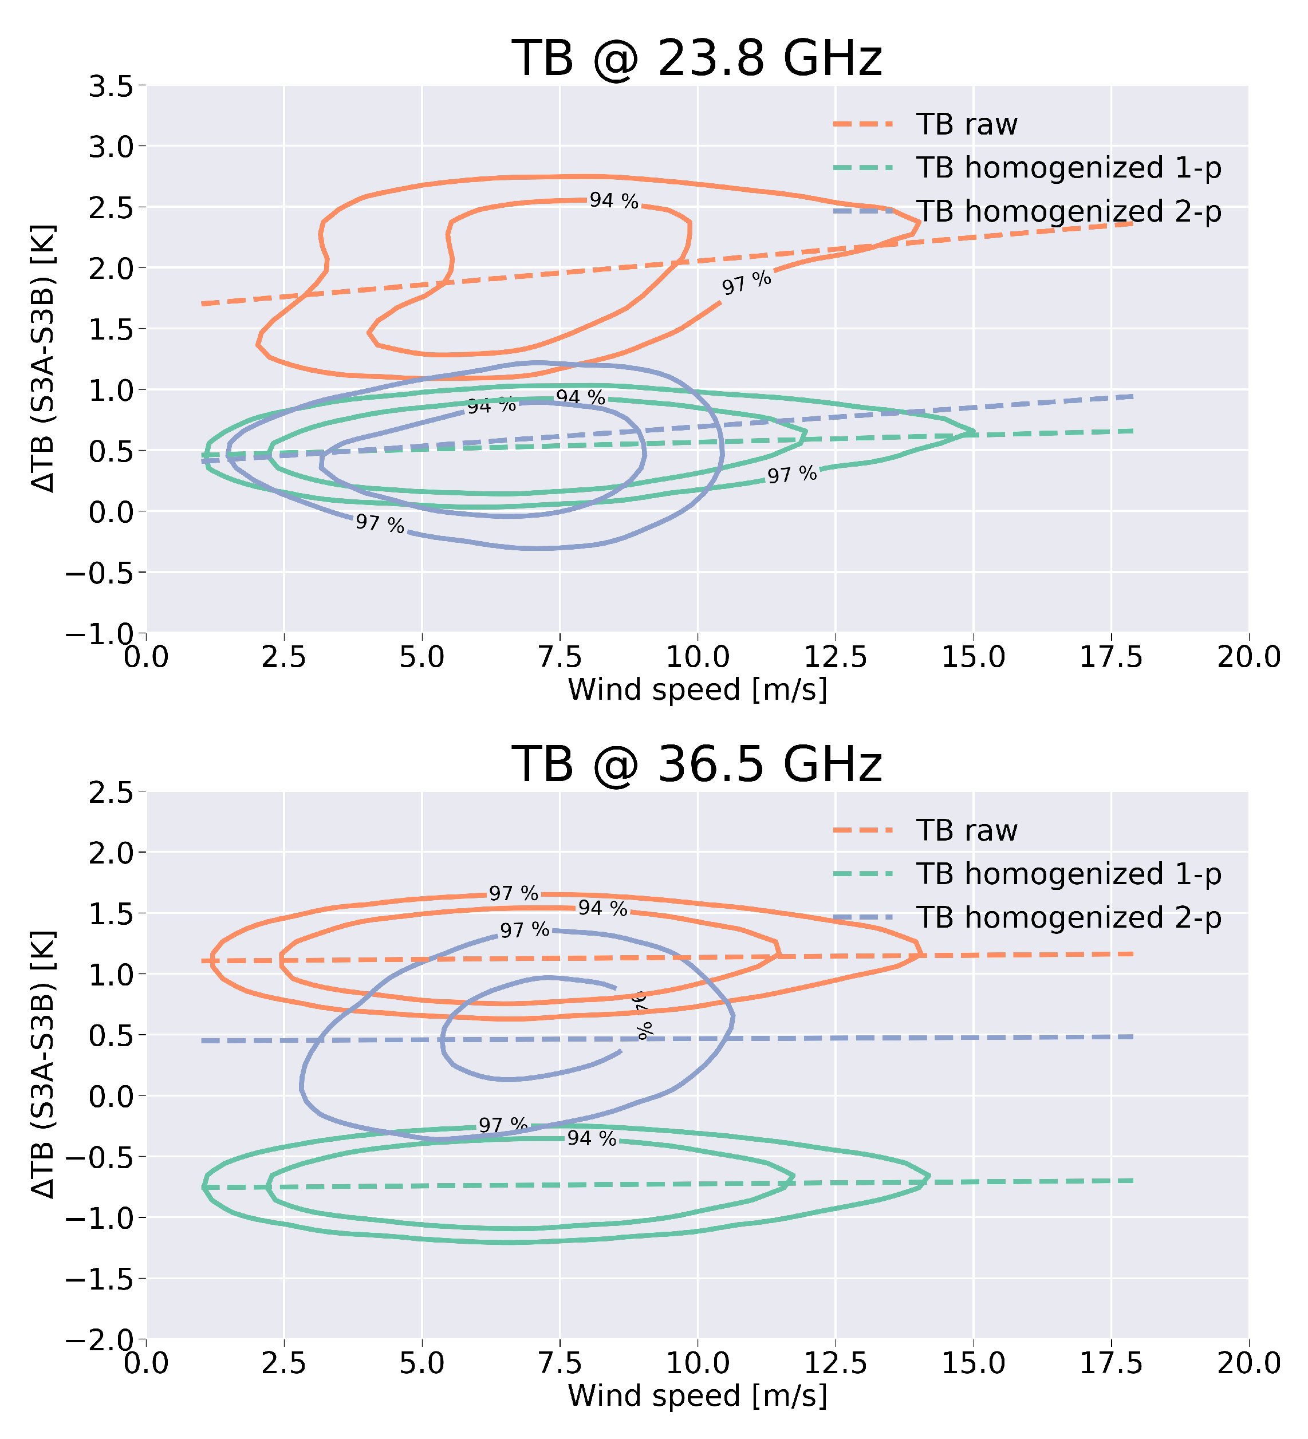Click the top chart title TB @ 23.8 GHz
pyautogui.click(x=697, y=58)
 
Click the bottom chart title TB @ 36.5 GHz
pyautogui.click(x=697, y=764)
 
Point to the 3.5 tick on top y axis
pyautogui.click(x=111, y=86)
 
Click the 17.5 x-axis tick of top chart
pyautogui.click(x=1110, y=657)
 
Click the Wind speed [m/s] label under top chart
pyautogui.click(x=697, y=690)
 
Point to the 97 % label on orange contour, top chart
pyautogui.click(x=746, y=283)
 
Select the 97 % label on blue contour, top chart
pyautogui.click(x=380, y=524)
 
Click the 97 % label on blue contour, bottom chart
pyautogui.click(x=524, y=931)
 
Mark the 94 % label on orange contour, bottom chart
pyautogui.click(x=602, y=909)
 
